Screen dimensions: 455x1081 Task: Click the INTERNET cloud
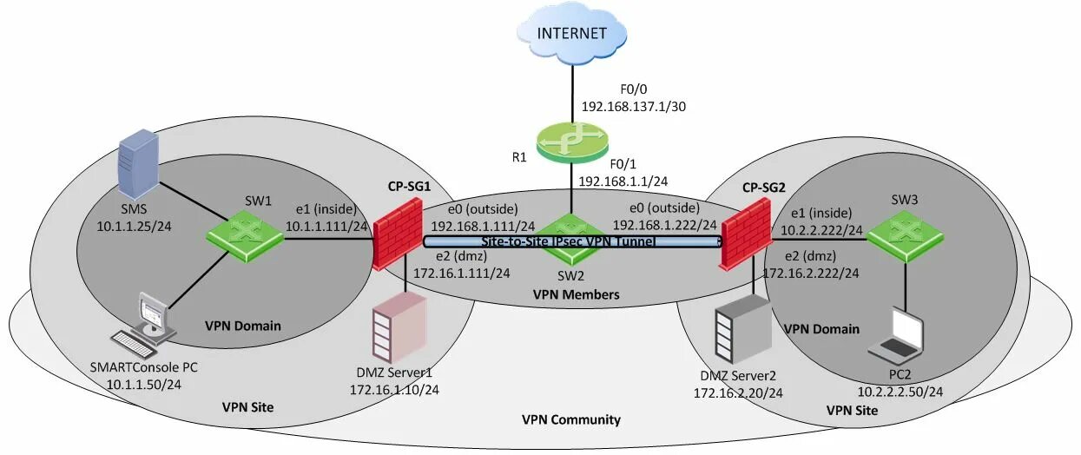(x=572, y=35)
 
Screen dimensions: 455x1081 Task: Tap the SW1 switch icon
(x=246, y=234)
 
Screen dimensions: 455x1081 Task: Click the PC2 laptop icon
(x=898, y=335)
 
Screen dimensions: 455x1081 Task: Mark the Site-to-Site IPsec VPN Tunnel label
(x=568, y=241)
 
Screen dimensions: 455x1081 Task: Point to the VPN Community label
(x=571, y=419)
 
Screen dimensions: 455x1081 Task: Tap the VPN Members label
(x=576, y=295)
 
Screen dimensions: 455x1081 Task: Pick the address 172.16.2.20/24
(x=738, y=393)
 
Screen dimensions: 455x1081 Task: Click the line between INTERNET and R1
(x=572, y=91)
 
